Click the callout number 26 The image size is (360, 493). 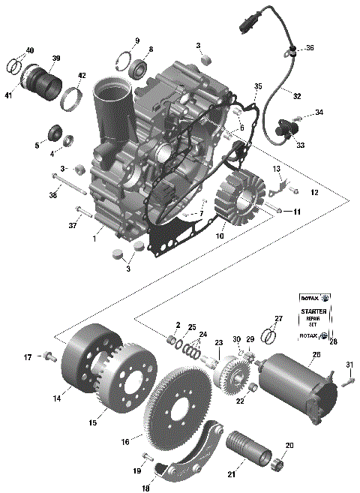pos(316,355)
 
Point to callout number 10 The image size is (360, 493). pos(219,236)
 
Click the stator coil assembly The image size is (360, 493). pos(238,197)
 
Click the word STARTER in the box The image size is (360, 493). pos(313,311)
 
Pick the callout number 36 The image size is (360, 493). pos(310,48)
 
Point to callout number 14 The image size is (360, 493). pos(56,399)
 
